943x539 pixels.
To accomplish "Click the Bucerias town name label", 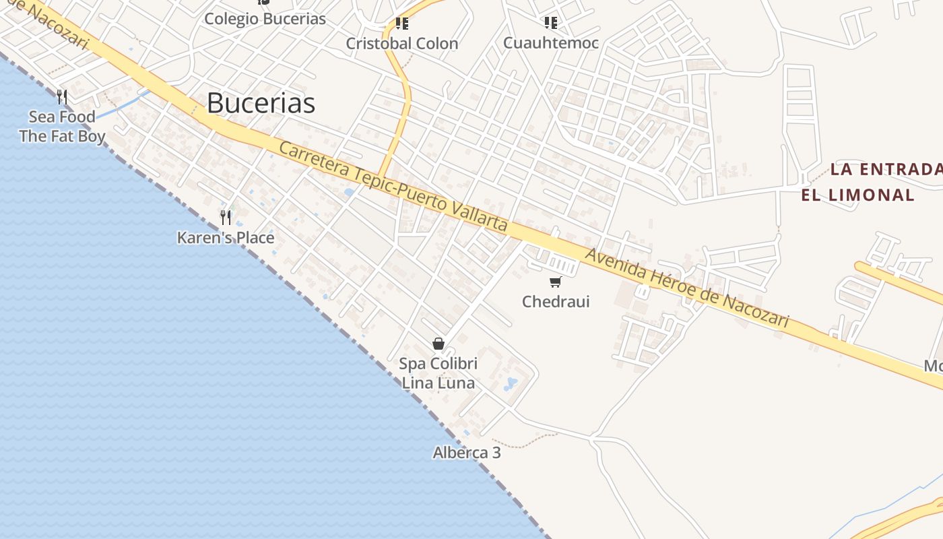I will tap(261, 103).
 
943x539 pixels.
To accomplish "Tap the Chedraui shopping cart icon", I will tap(556, 282).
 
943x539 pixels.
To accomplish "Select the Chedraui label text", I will tap(556, 301).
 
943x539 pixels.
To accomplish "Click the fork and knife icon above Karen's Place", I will tap(226, 217).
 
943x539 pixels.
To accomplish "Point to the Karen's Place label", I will tap(226, 238).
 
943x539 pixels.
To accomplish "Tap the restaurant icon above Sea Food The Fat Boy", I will tap(62, 97).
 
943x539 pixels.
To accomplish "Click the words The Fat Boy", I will tap(62, 137).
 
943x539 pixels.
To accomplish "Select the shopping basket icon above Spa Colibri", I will tap(438, 344).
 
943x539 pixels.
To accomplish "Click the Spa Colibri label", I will tap(438, 364).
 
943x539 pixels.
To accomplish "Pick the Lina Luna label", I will tap(438, 383).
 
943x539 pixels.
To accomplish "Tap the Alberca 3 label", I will tap(467, 453).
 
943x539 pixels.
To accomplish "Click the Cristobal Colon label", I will tap(402, 44).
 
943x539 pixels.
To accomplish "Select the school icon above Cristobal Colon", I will tap(402, 24).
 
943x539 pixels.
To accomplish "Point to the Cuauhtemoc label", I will tap(551, 43).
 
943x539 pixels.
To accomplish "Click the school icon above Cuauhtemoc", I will tap(551, 23).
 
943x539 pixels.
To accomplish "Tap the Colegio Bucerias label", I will tap(265, 19).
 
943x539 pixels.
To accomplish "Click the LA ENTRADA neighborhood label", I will tap(885, 169).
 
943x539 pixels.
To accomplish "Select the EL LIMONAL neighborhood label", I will tap(857, 195).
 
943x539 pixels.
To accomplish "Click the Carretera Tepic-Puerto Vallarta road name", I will tap(393, 187).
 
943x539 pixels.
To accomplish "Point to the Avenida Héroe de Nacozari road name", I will tap(686, 288).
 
